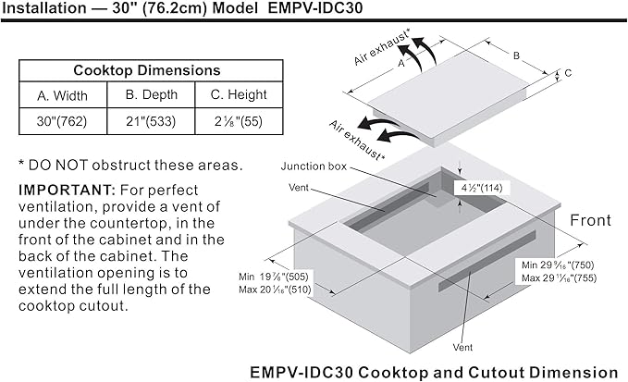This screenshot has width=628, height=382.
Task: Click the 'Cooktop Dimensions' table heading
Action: [x=147, y=70]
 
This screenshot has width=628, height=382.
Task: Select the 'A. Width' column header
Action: [x=62, y=95]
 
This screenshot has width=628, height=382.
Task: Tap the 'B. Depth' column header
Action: [x=152, y=94]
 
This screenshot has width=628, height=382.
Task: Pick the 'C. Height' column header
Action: [x=239, y=94]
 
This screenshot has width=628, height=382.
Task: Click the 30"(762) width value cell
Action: [x=62, y=121]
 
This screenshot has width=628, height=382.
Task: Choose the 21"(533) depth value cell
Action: [x=151, y=121]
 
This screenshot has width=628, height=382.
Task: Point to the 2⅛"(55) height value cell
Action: [x=239, y=121]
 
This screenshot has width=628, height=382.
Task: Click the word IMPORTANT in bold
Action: [x=67, y=190]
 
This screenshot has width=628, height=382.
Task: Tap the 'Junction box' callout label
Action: [x=314, y=166]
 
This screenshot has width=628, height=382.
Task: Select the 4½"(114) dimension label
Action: [x=482, y=188]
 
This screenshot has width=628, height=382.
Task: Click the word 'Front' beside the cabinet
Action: [x=590, y=220]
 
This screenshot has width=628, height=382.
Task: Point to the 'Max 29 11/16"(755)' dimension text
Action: [x=559, y=277]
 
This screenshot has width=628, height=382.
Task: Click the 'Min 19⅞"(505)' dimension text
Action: [x=274, y=277]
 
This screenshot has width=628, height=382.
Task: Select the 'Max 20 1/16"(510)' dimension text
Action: [x=275, y=290]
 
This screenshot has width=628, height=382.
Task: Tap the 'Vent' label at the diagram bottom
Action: [x=462, y=347]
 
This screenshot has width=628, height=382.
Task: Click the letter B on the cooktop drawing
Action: [x=516, y=55]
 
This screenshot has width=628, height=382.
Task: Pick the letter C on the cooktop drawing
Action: [x=568, y=73]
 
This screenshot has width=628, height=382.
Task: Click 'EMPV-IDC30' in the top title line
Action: [x=314, y=8]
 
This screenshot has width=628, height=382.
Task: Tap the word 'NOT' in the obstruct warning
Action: [x=71, y=165]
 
